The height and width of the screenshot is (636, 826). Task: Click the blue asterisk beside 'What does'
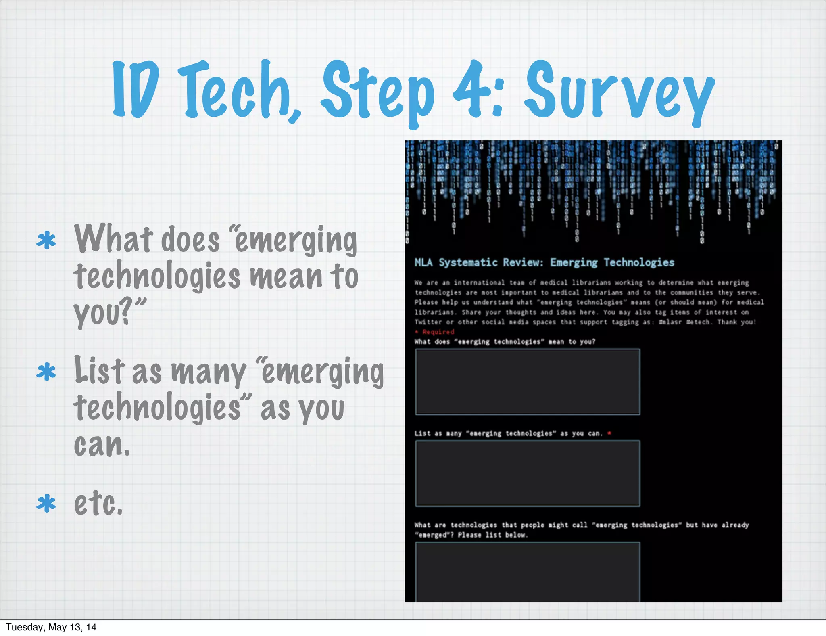(46, 241)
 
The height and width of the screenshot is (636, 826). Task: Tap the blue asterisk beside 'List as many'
(46, 372)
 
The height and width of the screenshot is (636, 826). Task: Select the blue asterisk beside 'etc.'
(46, 504)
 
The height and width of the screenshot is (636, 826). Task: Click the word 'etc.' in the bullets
(98, 504)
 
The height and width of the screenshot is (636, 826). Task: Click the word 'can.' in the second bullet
(102, 445)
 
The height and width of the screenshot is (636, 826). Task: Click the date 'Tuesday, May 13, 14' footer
(51, 627)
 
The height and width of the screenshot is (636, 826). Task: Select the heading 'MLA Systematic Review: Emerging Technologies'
(544, 263)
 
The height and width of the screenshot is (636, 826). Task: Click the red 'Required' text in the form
(438, 332)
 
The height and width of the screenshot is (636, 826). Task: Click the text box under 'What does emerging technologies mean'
(528, 382)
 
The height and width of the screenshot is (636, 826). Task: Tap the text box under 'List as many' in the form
(528, 473)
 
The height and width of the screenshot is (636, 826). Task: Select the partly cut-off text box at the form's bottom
(528, 572)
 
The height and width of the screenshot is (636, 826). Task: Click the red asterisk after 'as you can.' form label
(609, 433)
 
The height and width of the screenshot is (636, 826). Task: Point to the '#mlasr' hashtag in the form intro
(670, 322)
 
